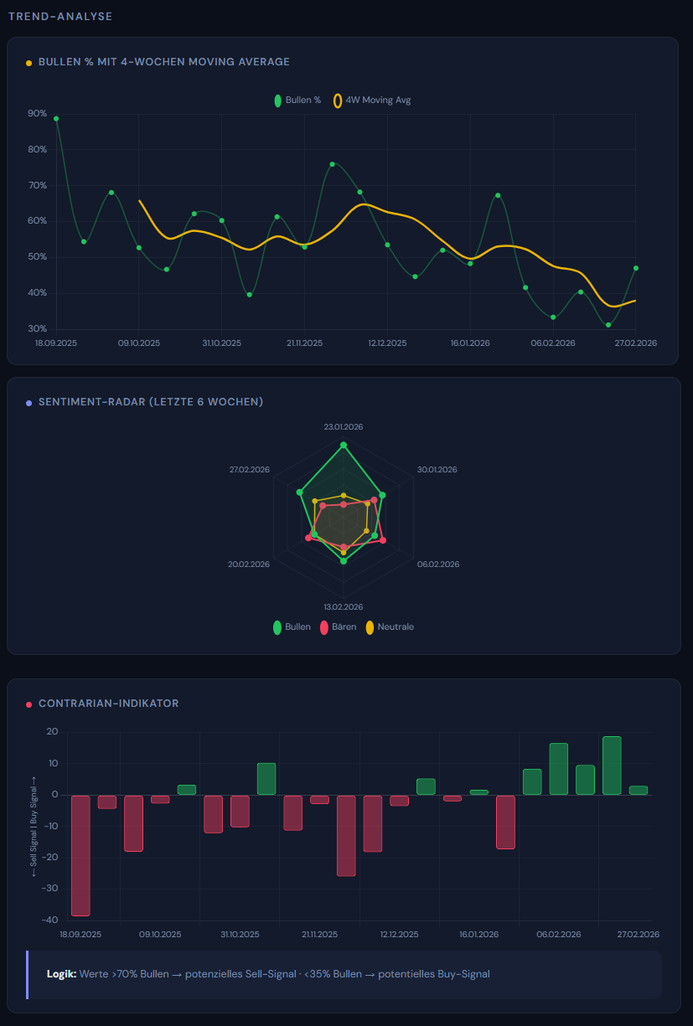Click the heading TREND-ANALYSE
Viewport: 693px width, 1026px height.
(60, 17)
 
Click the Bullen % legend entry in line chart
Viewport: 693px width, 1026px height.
(297, 101)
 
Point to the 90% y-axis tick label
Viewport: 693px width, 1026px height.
(37, 114)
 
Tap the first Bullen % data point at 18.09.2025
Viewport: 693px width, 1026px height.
(56, 119)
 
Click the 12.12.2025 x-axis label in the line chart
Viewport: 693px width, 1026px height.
(387, 343)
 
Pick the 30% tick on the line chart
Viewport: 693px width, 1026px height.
(37, 329)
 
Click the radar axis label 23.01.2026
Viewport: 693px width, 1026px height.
(344, 427)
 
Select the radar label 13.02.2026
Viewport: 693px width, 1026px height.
(344, 606)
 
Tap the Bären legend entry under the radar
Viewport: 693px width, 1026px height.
(339, 627)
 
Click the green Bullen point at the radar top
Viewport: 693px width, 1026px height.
(344, 446)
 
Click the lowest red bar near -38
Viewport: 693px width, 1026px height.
(80, 854)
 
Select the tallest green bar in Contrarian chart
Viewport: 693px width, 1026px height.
(612, 766)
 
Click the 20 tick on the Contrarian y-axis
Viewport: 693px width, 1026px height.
(52, 732)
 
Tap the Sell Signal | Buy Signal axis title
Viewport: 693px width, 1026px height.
(34, 826)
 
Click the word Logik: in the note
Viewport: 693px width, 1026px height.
(61, 974)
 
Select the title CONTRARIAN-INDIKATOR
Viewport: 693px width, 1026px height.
(108, 704)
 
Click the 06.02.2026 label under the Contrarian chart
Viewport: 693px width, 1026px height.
(559, 934)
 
